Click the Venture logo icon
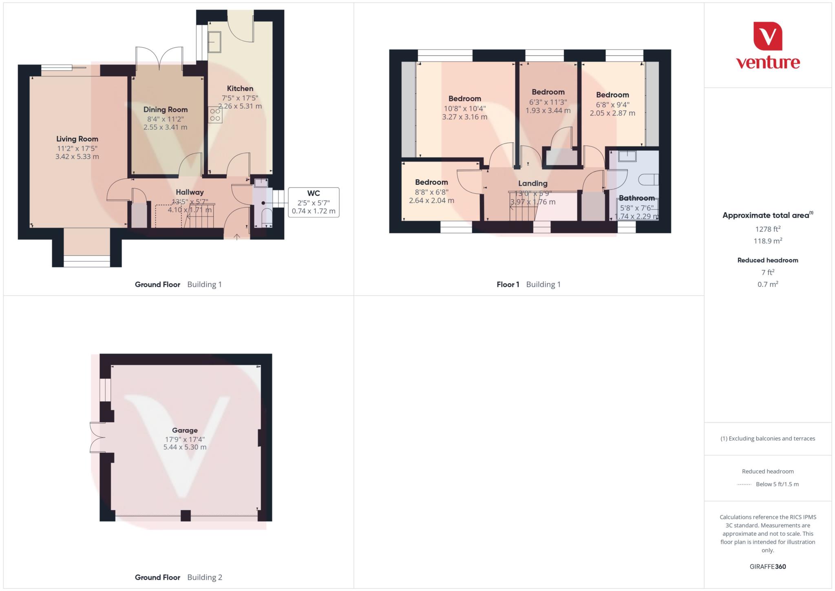768,36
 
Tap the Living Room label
77,139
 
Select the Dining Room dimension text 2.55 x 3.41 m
165,127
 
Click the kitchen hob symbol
215,115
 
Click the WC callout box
313,202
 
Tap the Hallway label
190,192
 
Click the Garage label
185,430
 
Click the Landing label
532,184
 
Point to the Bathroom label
636,198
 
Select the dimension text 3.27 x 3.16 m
464,117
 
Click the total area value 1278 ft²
768,229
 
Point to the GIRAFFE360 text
768,567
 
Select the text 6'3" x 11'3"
548,102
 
